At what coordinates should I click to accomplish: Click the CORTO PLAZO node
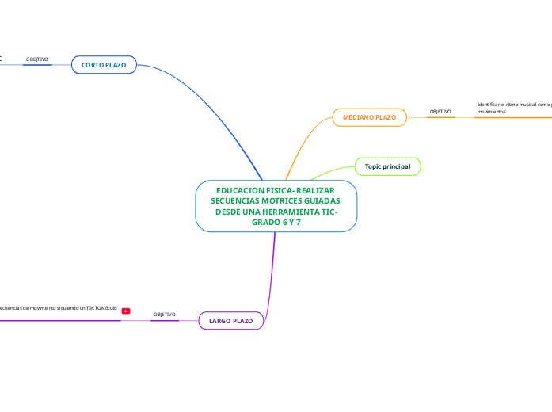(x=104, y=65)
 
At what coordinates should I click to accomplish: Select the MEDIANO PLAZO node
(x=369, y=117)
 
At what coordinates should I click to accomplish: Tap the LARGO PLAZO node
(x=230, y=321)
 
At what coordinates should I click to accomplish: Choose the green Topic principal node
(x=387, y=166)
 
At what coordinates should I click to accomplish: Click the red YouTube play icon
(x=126, y=311)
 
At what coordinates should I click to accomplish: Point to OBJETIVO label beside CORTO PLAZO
(x=37, y=59)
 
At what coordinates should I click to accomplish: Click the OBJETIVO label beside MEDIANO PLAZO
(x=440, y=113)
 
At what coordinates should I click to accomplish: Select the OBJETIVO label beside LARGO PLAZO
(x=164, y=315)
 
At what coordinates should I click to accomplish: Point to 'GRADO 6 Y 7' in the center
(x=276, y=223)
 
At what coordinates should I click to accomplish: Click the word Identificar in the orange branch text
(x=492, y=105)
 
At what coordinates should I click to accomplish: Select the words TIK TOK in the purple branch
(x=94, y=307)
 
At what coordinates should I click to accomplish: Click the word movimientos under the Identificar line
(x=492, y=113)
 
